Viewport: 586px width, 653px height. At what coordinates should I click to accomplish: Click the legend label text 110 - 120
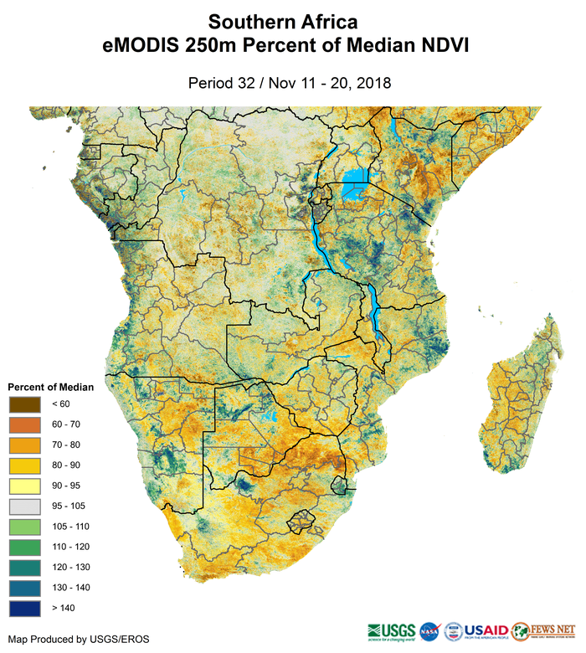click(67, 547)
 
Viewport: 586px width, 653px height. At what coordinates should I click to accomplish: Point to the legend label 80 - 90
click(64, 465)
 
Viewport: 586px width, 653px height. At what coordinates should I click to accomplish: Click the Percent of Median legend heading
click(50, 388)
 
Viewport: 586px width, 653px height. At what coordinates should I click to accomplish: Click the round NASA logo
click(429, 630)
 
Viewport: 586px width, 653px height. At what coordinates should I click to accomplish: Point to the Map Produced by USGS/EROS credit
click(79, 640)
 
